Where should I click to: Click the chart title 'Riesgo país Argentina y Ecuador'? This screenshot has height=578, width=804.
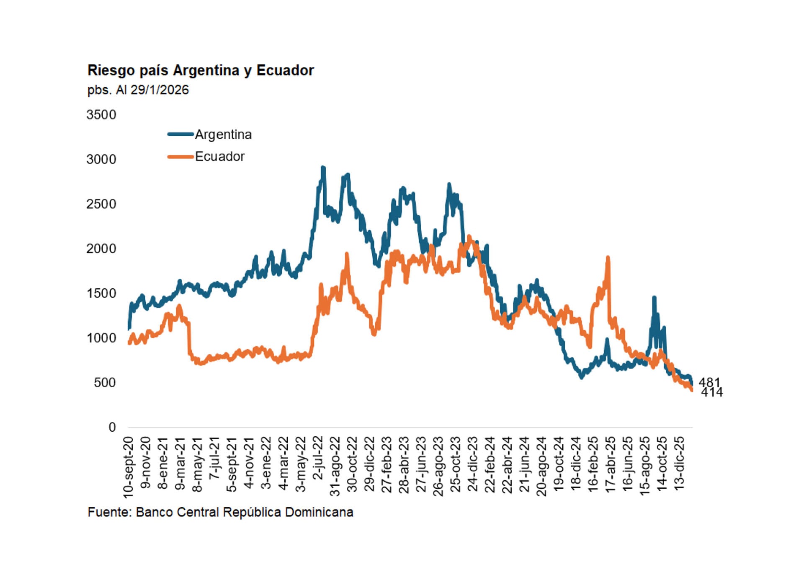201,70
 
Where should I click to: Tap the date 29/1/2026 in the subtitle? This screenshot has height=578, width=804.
160,90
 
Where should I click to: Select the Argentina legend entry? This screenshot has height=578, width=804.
223,135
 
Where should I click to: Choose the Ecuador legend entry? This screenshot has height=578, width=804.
219,157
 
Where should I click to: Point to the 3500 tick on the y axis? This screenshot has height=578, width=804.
101,115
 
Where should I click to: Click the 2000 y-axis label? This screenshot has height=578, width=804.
101,249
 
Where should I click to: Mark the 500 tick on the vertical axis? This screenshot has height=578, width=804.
105,383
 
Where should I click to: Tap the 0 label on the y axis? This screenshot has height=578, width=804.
112,427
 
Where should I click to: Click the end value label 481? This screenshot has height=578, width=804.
709,382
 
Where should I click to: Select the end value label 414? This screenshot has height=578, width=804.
712,392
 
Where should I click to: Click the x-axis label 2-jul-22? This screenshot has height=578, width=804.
318,458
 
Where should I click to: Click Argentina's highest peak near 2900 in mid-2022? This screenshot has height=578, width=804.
323,168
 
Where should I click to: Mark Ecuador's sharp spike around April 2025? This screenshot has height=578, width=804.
608,257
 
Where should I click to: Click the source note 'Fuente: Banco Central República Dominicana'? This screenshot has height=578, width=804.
220,512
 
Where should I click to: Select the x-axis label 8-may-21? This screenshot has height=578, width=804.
197,464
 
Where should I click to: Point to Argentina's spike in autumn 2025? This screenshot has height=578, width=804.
654,298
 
